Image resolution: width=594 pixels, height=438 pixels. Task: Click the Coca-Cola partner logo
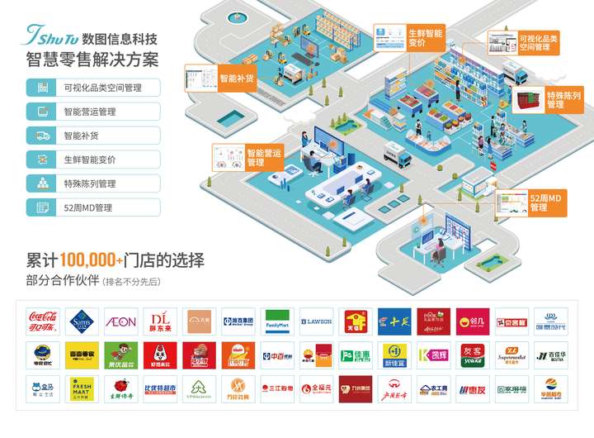(42, 320)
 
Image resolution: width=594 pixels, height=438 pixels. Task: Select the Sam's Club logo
(82, 320)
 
